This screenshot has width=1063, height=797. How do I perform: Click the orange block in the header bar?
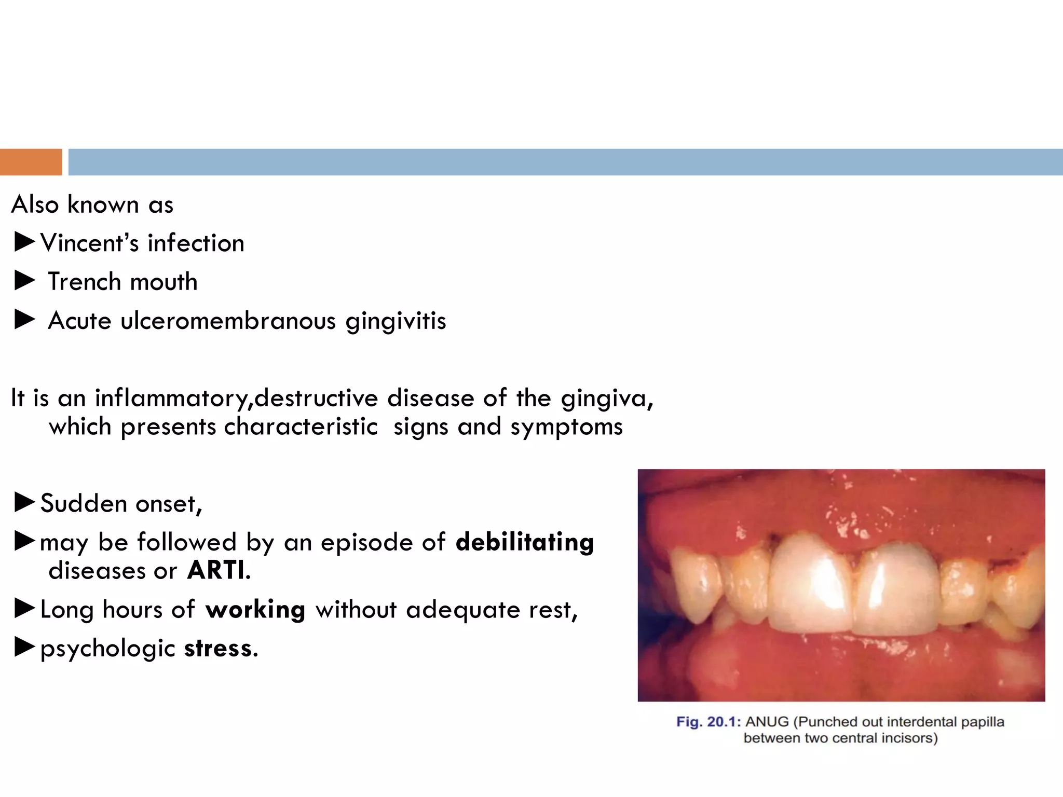31,162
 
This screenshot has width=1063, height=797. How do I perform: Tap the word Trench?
85,282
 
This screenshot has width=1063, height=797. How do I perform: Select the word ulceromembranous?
228,321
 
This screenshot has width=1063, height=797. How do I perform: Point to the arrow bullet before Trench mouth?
24,281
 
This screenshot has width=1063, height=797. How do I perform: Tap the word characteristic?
301,427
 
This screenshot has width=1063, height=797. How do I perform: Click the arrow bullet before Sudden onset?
24,502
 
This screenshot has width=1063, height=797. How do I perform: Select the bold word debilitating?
524,542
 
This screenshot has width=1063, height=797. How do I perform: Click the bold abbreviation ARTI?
216,570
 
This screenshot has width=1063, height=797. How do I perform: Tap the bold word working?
255,610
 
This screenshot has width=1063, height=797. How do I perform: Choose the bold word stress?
220,649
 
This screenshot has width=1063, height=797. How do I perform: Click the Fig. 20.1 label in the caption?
708,722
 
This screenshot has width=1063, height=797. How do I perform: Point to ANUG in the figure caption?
767,722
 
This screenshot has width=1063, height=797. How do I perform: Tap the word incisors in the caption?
914,738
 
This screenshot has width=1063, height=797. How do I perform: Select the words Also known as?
92,204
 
